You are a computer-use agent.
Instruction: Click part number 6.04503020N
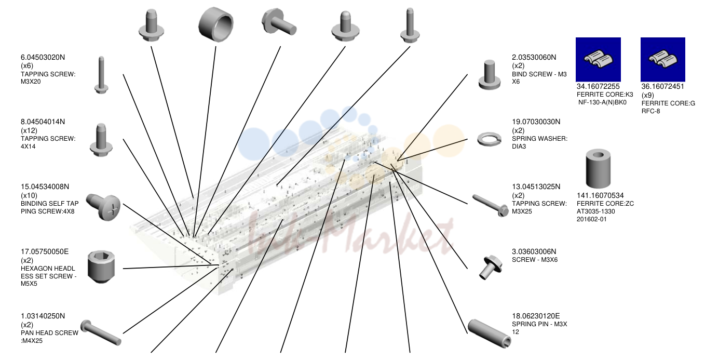(x=43, y=57)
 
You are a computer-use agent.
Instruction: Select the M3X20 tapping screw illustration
(x=101, y=75)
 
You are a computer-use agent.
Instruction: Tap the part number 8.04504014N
(x=43, y=122)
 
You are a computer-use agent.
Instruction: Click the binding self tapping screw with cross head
(x=103, y=207)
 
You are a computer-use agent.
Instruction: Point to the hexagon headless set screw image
(x=101, y=267)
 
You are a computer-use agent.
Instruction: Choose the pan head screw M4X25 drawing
(x=101, y=332)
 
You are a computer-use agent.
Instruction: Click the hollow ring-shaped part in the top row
(x=216, y=24)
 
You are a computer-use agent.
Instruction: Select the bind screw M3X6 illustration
(x=490, y=75)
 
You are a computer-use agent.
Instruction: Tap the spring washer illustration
(x=489, y=139)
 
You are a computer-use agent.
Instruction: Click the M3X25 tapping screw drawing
(x=491, y=206)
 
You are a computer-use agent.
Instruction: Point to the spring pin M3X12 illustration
(x=489, y=334)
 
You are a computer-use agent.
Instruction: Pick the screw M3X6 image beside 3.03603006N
(x=491, y=268)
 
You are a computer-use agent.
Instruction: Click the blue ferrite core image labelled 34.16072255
(x=598, y=60)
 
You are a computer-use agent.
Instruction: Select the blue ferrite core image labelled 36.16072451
(x=663, y=60)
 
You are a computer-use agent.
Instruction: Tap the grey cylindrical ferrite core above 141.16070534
(x=598, y=169)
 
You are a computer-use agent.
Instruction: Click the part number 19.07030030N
(x=536, y=122)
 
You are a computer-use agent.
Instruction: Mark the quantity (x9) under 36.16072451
(x=648, y=95)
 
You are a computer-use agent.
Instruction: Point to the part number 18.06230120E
(x=536, y=316)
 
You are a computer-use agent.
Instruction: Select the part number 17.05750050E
(x=45, y=251)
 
